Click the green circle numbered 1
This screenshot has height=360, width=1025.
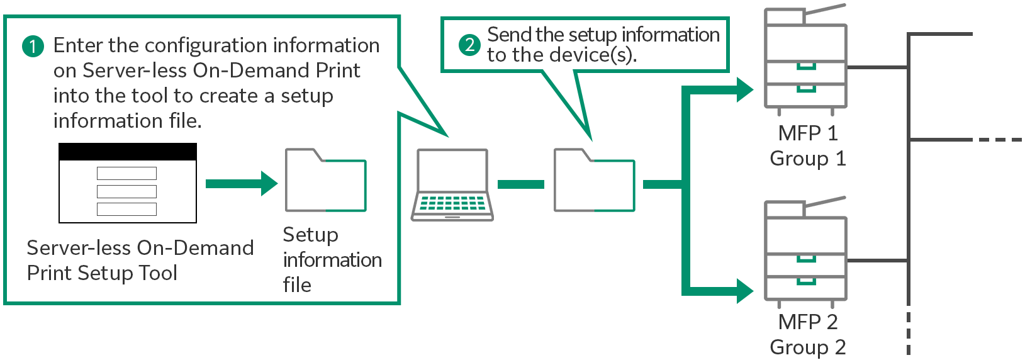pos(33,46)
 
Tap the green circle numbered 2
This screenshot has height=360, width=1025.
pos(469,45)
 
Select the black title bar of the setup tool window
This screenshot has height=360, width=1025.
pos(128,152)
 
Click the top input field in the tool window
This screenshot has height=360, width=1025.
pos(126,173)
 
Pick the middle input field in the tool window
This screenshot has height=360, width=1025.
pos(126,191)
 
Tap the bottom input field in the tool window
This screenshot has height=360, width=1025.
pos(126,209)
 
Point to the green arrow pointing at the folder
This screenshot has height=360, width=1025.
pos(242,184)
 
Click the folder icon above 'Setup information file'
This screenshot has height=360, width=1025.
pos(325,180)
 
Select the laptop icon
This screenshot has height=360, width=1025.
pos(452,184)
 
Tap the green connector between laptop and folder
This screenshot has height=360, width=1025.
pos(520,184)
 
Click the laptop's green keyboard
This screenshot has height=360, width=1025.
pos(452,203)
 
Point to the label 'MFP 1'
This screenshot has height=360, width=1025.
pos(808,133)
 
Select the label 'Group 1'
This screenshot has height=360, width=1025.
pos(808,159)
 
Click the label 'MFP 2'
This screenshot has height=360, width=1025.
pos(808,322)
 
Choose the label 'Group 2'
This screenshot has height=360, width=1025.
pos(808,347)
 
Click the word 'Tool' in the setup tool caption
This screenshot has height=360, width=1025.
pos(159,273)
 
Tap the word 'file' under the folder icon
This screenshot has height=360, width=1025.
pos(297,285)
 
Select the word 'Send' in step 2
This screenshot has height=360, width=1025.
pos(509,35)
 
